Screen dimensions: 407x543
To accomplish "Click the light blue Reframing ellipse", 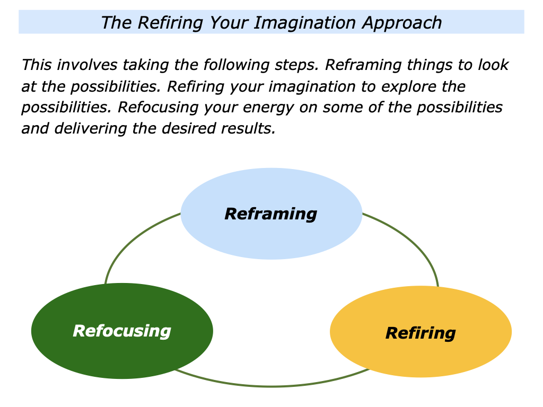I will tap(271, 233).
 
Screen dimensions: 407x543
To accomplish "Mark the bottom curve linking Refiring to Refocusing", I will tap(270, 386).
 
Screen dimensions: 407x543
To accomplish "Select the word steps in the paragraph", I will tap(295, 65).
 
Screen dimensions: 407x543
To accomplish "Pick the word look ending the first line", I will tap(492, 65).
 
